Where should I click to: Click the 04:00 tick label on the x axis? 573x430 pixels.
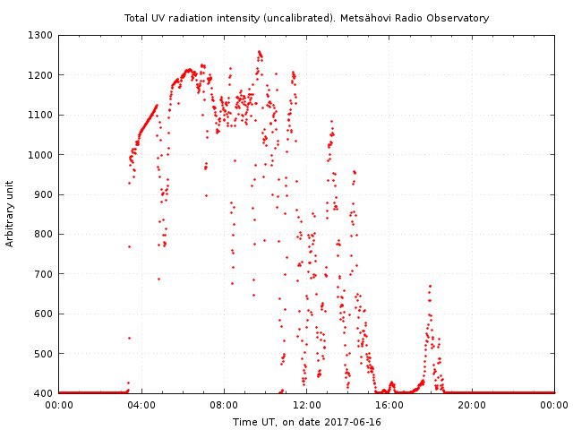[x=141, y=405]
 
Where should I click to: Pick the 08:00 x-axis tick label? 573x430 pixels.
[x=224, y=405]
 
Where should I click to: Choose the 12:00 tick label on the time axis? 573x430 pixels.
[x=306, y=405]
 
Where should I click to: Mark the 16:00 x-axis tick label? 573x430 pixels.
[x=389, y=405]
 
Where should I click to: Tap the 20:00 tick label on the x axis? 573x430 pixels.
[x=472, y=405]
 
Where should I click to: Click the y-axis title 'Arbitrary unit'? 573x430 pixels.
[x=11, y=214]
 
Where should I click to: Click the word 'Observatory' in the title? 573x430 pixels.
[x=461, y=18]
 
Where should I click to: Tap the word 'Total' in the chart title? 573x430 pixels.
[x=137, y=18]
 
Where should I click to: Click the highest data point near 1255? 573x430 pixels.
[x=259, y=52]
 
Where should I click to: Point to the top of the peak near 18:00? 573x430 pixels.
[x=431, y=286]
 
